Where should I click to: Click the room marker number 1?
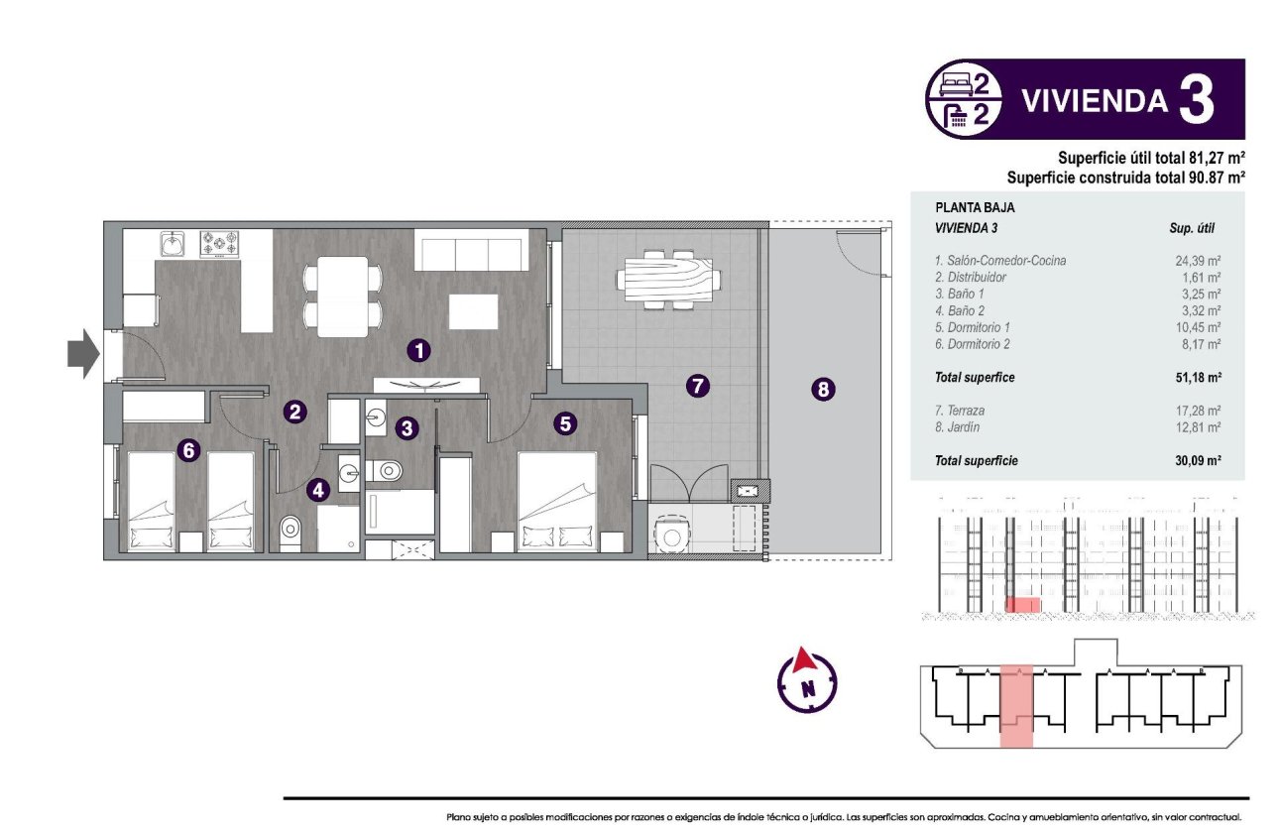pos(420,349)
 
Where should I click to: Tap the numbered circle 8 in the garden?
pos(822,390)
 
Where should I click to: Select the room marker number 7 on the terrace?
pos(698,387)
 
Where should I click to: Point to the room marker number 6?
pos(189,450)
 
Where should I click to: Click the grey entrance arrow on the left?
pos(83,354)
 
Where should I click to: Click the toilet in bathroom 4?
pos(290,532)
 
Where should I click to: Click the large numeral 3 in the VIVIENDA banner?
pos(1196,99)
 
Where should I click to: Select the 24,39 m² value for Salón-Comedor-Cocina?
pos(1197,261)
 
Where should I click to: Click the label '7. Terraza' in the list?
pos(960,411)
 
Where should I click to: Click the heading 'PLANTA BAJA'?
pos(975,209)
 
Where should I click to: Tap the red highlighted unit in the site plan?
pos(1016,706)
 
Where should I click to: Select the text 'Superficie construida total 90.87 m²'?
pos(1125,178)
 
